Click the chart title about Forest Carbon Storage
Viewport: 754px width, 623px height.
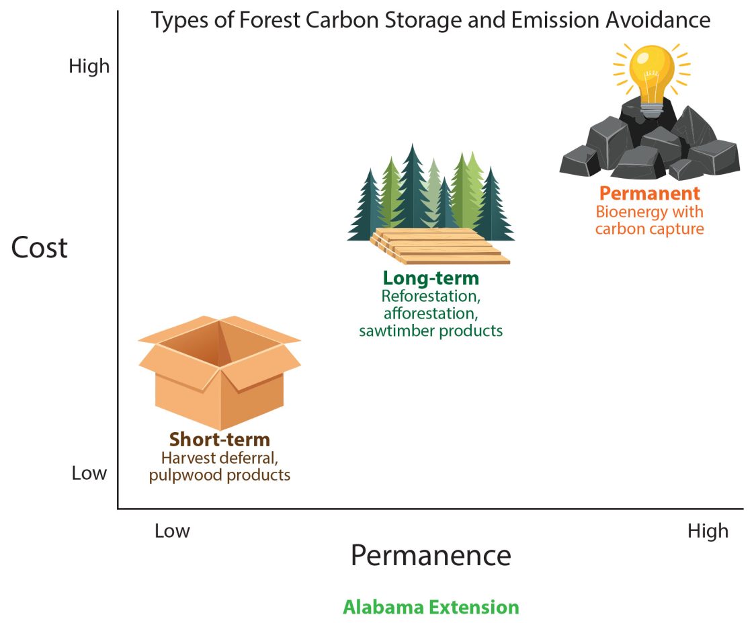point(430,20)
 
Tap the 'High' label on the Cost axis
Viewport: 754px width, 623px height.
point(89,66)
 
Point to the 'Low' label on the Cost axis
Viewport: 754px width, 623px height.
point(89,473)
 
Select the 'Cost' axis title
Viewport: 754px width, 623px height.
point(40,248)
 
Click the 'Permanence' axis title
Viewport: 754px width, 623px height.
point(430,556)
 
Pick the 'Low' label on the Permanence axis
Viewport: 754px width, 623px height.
point(172,531)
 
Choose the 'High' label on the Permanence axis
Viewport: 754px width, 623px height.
point(708,531)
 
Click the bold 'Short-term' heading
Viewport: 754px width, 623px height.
point(220,440)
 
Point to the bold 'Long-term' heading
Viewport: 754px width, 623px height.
point(431,278)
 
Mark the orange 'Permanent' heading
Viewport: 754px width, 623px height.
point(650,194)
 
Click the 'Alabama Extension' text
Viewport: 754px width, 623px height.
point(431,607)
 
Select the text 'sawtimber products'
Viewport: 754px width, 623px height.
point(431,331)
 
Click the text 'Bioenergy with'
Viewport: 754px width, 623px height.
point(650,212)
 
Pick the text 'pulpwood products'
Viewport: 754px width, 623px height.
point(220,475)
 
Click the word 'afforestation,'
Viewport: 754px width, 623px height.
point(431,313)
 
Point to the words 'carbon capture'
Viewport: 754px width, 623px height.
point(650,229)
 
